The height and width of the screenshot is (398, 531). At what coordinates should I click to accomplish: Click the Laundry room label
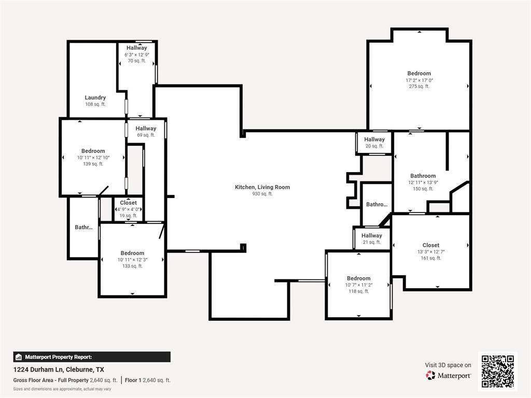coord(95,97)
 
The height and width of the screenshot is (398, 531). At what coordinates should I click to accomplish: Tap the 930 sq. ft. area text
coord(262,194)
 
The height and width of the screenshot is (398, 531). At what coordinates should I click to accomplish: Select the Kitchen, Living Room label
coord(262,187)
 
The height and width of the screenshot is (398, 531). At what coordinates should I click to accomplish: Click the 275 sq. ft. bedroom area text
coord(419,87)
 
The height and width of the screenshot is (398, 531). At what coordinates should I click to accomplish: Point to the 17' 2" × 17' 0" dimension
coord(419,80)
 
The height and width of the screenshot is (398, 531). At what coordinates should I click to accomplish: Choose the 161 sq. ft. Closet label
coord(431,245)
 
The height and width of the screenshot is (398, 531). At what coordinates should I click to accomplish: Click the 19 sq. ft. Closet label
coord(129,203)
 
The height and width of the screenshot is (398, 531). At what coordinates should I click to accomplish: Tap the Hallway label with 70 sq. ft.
coord(136,48)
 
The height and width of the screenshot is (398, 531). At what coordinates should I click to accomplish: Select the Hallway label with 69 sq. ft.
coord(146,129)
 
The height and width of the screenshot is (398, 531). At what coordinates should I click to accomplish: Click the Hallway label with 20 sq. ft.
coord(374,139)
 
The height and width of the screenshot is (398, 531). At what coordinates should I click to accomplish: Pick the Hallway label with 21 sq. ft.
coord(372,236)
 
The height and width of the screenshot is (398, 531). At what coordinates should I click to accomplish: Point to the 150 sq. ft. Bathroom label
coord(423,176)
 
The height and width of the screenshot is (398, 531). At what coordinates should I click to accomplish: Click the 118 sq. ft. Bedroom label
coord(359,278)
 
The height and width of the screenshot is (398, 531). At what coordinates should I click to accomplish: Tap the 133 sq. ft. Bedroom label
coord(133,253)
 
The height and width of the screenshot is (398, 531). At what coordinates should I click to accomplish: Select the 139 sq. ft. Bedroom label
coord(93,151)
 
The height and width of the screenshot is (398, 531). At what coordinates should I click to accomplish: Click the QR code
coord(498,371)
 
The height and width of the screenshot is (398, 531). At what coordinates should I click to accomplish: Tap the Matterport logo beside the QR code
coord(449,375)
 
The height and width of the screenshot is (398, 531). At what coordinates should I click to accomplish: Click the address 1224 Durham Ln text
coord(59,369)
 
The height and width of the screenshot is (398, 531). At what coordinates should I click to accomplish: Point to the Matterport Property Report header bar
coord(92,357)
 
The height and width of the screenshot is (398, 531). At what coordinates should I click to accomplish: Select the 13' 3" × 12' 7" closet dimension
coord(431,252)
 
